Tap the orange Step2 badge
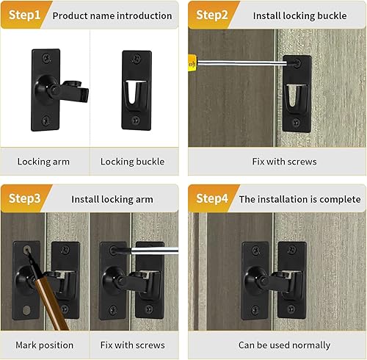point(211,15)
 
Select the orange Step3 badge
point(23,198)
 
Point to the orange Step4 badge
point(211,198)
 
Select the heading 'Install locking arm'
point(112,199)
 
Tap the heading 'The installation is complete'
point(299,199)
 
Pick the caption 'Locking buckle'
point(132,162)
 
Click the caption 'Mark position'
point(44,345)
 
